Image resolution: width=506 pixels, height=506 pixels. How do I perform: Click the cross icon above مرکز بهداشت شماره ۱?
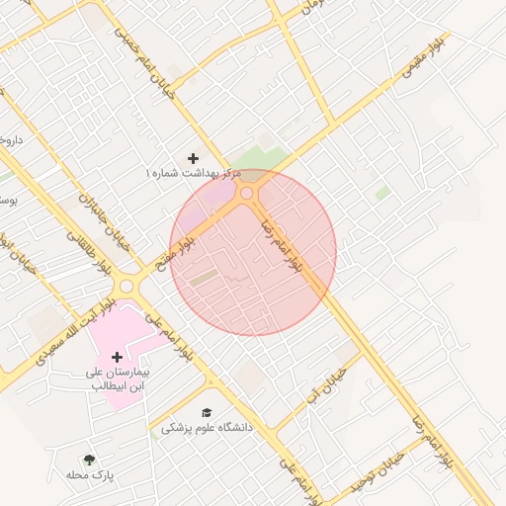coord(193,158)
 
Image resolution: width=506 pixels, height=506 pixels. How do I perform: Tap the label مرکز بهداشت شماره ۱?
coord(194,173)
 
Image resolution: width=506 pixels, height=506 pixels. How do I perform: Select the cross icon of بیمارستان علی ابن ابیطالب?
coord(117,356)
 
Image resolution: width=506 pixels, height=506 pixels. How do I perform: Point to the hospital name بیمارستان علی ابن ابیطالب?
coord(118,379)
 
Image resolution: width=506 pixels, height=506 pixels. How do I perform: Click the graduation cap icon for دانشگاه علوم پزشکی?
coord(207,413)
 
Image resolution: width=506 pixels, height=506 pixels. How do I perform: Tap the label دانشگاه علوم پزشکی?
coord(208,428)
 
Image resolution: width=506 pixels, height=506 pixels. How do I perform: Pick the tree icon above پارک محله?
coord(90,460)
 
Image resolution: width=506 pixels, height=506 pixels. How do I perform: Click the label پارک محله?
coord(91,475)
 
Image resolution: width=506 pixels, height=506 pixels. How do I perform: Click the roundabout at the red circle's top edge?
coord(247,194)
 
